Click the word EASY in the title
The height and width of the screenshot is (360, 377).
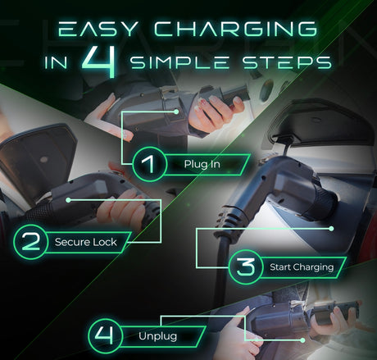(98, 29)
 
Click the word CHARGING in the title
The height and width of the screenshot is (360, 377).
(236, 29)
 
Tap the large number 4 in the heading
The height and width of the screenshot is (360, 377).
(98, 62)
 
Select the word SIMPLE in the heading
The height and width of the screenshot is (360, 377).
(179, 62)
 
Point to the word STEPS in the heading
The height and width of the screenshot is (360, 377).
(287, 62)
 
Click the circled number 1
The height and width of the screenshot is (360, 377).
(149, 164)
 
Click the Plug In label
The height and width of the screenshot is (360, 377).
(202, 164)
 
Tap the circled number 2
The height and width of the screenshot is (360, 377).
(30, 242)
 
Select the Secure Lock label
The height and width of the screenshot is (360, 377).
(86, 242)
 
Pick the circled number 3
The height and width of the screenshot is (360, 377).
(246, 267)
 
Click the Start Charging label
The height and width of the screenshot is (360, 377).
(302, 267)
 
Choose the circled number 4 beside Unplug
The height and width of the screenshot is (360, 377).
(105, 335)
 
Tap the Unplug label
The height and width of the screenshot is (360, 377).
(157, 336)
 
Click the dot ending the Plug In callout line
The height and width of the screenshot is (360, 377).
(176, 112)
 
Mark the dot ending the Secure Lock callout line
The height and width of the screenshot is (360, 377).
(68, 200)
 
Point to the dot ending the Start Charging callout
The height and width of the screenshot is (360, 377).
(331, 229)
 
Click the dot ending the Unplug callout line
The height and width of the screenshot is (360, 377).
(302, 340)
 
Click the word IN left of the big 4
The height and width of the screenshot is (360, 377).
(56, 62)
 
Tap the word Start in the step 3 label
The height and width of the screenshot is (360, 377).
(280, 267)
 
